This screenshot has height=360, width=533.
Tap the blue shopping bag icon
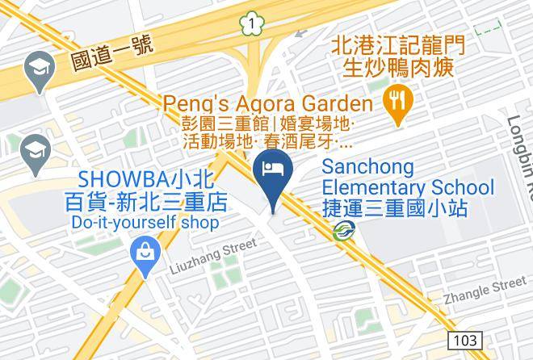(x=146, y=253)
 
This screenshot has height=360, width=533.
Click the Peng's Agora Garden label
(x=268, y=103)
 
